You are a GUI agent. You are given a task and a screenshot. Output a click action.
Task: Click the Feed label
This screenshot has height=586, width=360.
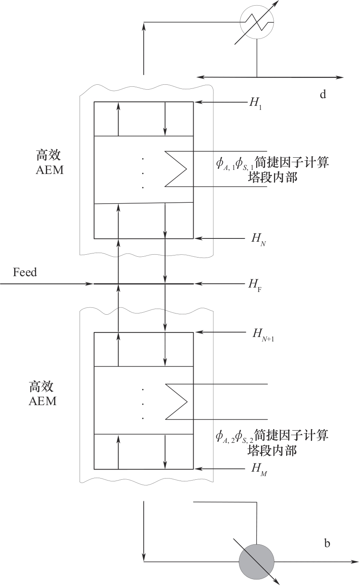(x=25, y=272)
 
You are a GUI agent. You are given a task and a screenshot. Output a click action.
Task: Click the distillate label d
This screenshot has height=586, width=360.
(x=323, y=95)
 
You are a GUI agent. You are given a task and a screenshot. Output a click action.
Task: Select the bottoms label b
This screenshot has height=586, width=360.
(x=327, y=543)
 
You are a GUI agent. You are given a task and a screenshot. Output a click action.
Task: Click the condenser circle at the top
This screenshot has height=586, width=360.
(x=257, y=22)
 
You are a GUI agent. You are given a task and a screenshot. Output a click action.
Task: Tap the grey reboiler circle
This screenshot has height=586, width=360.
(x=256, y=562)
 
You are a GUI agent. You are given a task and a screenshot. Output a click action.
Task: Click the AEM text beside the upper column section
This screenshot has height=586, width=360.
(x=50, y=170)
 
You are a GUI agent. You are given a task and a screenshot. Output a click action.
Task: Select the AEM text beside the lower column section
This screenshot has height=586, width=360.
(x=43, y=401)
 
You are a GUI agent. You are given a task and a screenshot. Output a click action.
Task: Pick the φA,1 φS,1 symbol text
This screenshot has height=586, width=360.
(x=235, y=163)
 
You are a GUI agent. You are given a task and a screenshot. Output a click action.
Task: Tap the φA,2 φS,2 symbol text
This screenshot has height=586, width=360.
(x=235, y=436)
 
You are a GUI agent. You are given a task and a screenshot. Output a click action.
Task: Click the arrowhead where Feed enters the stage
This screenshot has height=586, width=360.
(x=91, y=284)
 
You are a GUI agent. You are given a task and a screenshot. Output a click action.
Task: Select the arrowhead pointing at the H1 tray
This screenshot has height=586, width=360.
(x=197, y=102)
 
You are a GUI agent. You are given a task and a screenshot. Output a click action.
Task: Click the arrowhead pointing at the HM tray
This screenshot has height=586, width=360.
(x=197, y=469)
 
